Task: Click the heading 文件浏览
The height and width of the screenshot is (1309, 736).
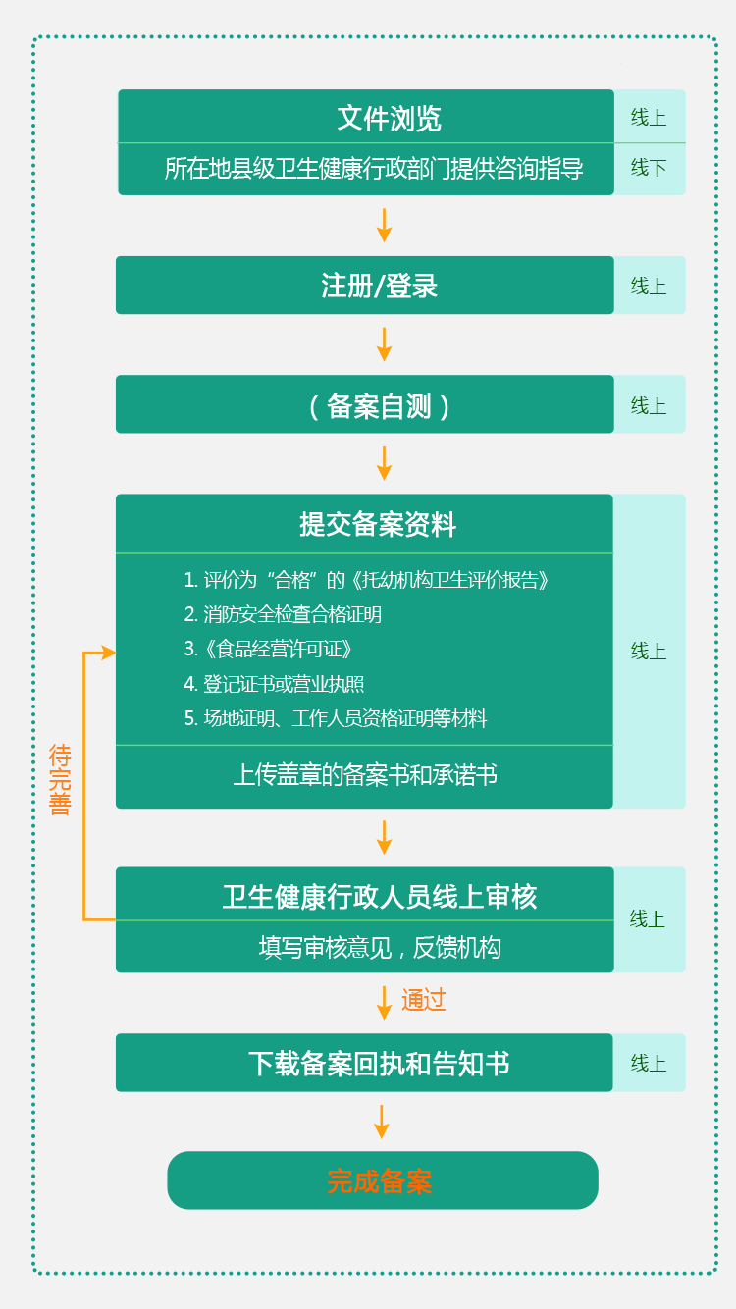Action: click(389, 118)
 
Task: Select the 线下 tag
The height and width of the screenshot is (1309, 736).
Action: click(649, 168)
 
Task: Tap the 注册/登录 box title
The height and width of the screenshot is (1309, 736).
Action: click(379, 286)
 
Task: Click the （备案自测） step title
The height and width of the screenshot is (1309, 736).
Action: click(379, 406)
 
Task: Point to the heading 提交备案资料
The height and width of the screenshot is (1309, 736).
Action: click(378, 524)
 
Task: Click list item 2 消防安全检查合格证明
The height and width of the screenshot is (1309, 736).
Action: click(283, 614)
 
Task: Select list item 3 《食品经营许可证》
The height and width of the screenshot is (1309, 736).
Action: click(268, 649)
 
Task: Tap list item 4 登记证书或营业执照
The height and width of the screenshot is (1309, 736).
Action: click(274, 684)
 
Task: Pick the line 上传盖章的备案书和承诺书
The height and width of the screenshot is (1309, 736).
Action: click(365, 775)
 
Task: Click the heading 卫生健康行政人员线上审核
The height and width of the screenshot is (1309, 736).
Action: click(380, 897)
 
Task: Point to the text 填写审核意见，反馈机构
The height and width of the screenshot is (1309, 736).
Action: click(380, 947)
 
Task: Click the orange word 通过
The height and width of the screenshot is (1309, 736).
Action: click(424, 1000)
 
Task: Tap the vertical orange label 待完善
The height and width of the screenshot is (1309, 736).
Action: click(60, 779)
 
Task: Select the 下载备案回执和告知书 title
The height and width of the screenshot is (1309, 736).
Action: click(379, 1064)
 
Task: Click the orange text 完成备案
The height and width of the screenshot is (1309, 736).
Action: click(380, 1181)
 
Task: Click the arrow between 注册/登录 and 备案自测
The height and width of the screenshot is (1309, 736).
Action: click(384, 344)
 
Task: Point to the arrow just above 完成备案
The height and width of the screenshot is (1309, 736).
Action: click(382, 1122)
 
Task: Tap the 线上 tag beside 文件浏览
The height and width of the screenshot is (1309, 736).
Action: click(649, 118)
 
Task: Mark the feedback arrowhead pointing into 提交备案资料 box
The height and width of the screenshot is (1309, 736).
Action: click(109, 653)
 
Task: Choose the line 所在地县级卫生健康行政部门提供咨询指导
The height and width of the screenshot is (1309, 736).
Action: click(374, 169)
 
